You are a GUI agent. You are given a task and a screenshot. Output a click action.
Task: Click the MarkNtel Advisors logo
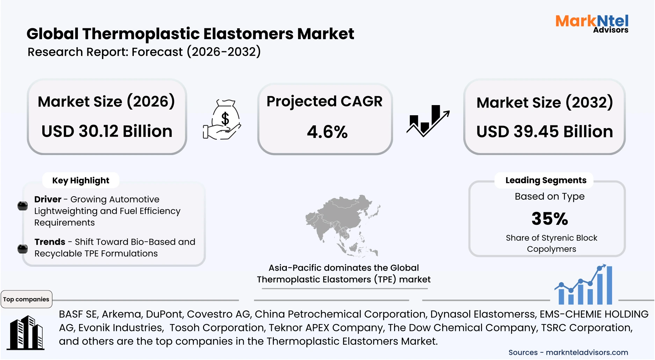592,23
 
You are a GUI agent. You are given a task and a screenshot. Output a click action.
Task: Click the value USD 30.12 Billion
107,131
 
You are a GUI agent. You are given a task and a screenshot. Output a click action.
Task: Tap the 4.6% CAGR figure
327,132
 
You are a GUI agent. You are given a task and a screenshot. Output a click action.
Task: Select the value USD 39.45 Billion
544,132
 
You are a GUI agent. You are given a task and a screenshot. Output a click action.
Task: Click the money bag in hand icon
223,120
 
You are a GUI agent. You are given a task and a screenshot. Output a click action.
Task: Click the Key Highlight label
81,181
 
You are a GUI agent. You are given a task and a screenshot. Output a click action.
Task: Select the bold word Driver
48,199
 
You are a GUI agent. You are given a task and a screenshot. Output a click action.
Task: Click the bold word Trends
50,242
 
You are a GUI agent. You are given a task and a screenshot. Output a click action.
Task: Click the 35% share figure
550,219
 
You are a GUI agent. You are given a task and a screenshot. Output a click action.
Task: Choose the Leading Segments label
546,180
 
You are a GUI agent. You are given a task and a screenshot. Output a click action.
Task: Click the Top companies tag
26,299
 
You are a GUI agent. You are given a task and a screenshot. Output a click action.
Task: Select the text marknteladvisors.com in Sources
587,352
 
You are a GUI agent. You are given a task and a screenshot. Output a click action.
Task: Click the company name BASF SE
78,314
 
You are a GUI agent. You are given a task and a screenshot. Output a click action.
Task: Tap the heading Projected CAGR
324,101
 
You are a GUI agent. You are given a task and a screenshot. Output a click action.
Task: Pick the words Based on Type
549,196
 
